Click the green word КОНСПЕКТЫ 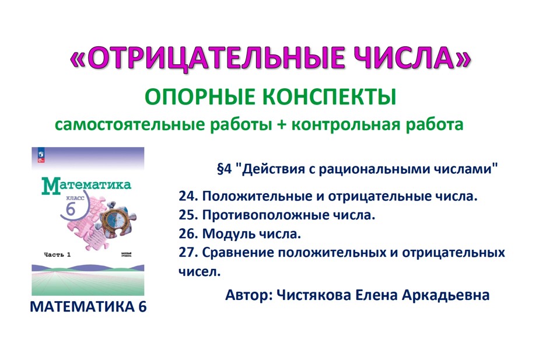point(323,96)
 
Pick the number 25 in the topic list point(187,215)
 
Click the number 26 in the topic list point(187,234)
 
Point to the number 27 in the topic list point(187,253)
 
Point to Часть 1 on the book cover point(57,254)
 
